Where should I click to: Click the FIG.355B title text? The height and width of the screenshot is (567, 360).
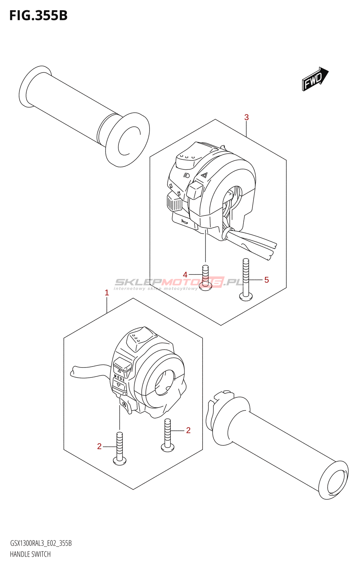38,16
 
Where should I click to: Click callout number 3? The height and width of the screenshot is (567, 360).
247,117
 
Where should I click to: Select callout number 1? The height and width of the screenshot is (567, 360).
107,293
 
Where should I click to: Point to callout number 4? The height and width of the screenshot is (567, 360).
185,275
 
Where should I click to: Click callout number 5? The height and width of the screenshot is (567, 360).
266,280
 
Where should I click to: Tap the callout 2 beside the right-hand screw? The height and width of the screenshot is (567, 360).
188,430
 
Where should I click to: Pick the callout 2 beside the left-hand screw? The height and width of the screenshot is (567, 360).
99,447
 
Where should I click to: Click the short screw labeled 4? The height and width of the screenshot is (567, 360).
205,278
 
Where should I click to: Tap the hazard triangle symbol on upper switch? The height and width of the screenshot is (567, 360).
204,175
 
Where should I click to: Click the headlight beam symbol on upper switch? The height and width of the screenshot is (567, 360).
187,175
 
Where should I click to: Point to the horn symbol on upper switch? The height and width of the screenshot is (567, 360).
184,221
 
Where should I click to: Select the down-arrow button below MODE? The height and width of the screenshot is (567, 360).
119,385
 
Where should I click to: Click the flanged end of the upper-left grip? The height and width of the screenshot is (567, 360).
128,140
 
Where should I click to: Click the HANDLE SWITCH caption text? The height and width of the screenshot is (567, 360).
30,554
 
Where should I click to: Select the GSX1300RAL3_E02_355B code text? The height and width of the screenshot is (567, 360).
41,543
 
